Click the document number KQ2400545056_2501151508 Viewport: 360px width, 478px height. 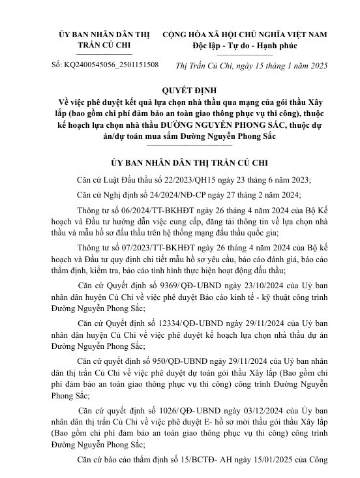(x=112, y=65)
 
